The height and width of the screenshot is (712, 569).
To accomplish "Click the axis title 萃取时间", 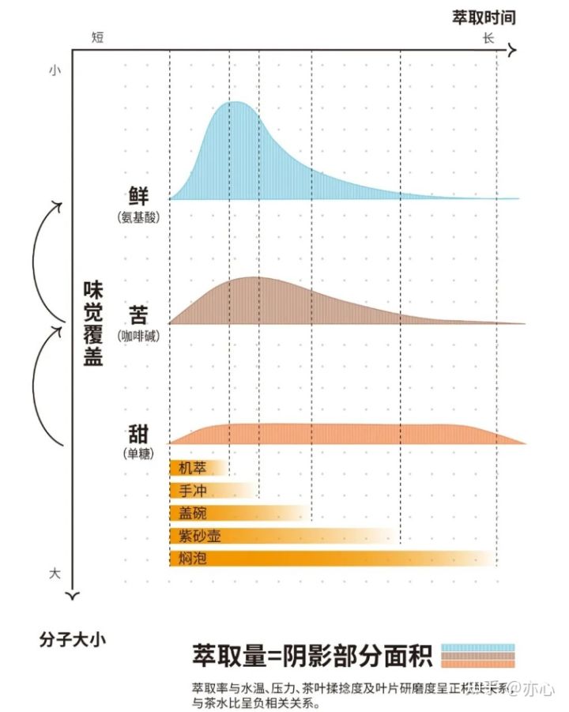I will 484,17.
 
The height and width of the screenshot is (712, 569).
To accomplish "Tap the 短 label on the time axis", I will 98,37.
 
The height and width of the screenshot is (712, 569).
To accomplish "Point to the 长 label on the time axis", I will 488,37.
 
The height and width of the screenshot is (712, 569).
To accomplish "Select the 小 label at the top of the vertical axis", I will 54,70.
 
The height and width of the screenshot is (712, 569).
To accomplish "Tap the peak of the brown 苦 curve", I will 253,279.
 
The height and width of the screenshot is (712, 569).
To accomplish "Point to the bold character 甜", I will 138,435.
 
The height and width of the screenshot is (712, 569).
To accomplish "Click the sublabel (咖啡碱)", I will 138,336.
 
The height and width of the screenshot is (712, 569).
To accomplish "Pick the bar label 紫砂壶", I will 200,536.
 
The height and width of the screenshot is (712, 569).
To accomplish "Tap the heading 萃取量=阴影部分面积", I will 312,655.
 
